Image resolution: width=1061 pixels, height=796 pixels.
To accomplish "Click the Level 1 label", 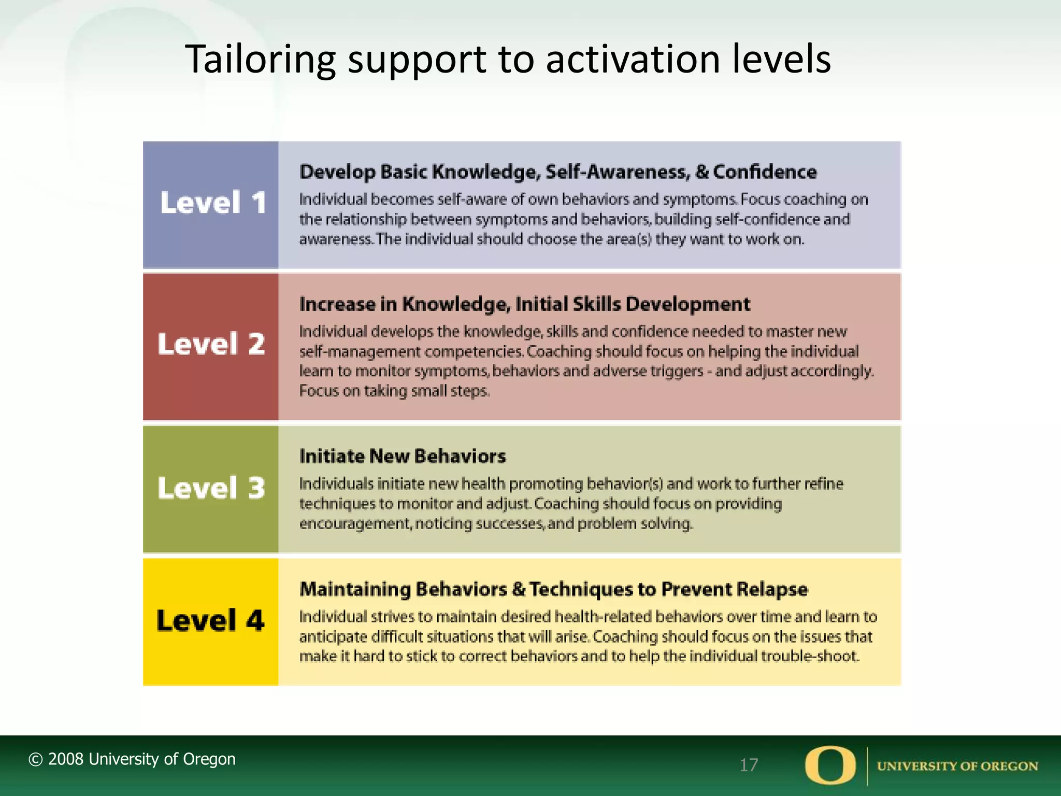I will [212, 203].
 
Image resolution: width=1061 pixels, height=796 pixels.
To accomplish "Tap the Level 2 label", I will [211, 344].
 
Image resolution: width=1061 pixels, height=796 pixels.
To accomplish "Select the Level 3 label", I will [211, 488].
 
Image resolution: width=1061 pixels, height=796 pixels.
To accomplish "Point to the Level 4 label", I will [210, 620].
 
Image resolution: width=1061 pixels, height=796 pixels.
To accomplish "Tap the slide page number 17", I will [749, 765].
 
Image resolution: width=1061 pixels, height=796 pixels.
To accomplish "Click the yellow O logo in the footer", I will [830, 765].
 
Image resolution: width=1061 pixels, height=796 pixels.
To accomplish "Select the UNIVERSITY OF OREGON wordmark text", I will [957, 766].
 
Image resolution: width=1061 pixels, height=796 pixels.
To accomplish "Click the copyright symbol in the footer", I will [35, 760].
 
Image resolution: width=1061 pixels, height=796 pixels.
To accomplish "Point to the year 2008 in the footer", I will [66, 759].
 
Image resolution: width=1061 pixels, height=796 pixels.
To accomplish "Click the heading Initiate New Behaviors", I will [403, 456].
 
